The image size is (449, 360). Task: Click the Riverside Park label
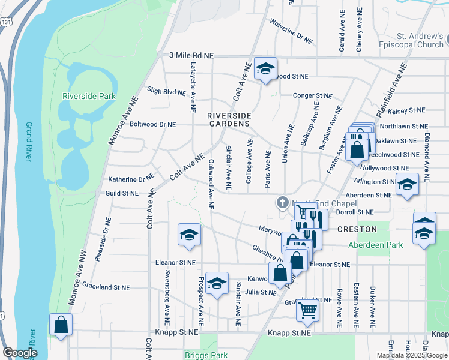point(89,96)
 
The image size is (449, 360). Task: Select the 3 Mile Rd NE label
point(191,55)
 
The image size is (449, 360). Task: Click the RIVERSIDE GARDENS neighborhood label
point(228,119)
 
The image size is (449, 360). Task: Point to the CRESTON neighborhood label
point(357,229)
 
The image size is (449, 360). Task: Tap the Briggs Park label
point(206,355)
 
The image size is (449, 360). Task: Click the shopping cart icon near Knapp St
point(307,310)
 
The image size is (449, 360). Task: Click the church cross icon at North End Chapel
point(282,203)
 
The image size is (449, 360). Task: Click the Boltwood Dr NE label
point(152,124)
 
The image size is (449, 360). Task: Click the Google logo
point(20,353)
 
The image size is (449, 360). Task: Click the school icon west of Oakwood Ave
point(189,235)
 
